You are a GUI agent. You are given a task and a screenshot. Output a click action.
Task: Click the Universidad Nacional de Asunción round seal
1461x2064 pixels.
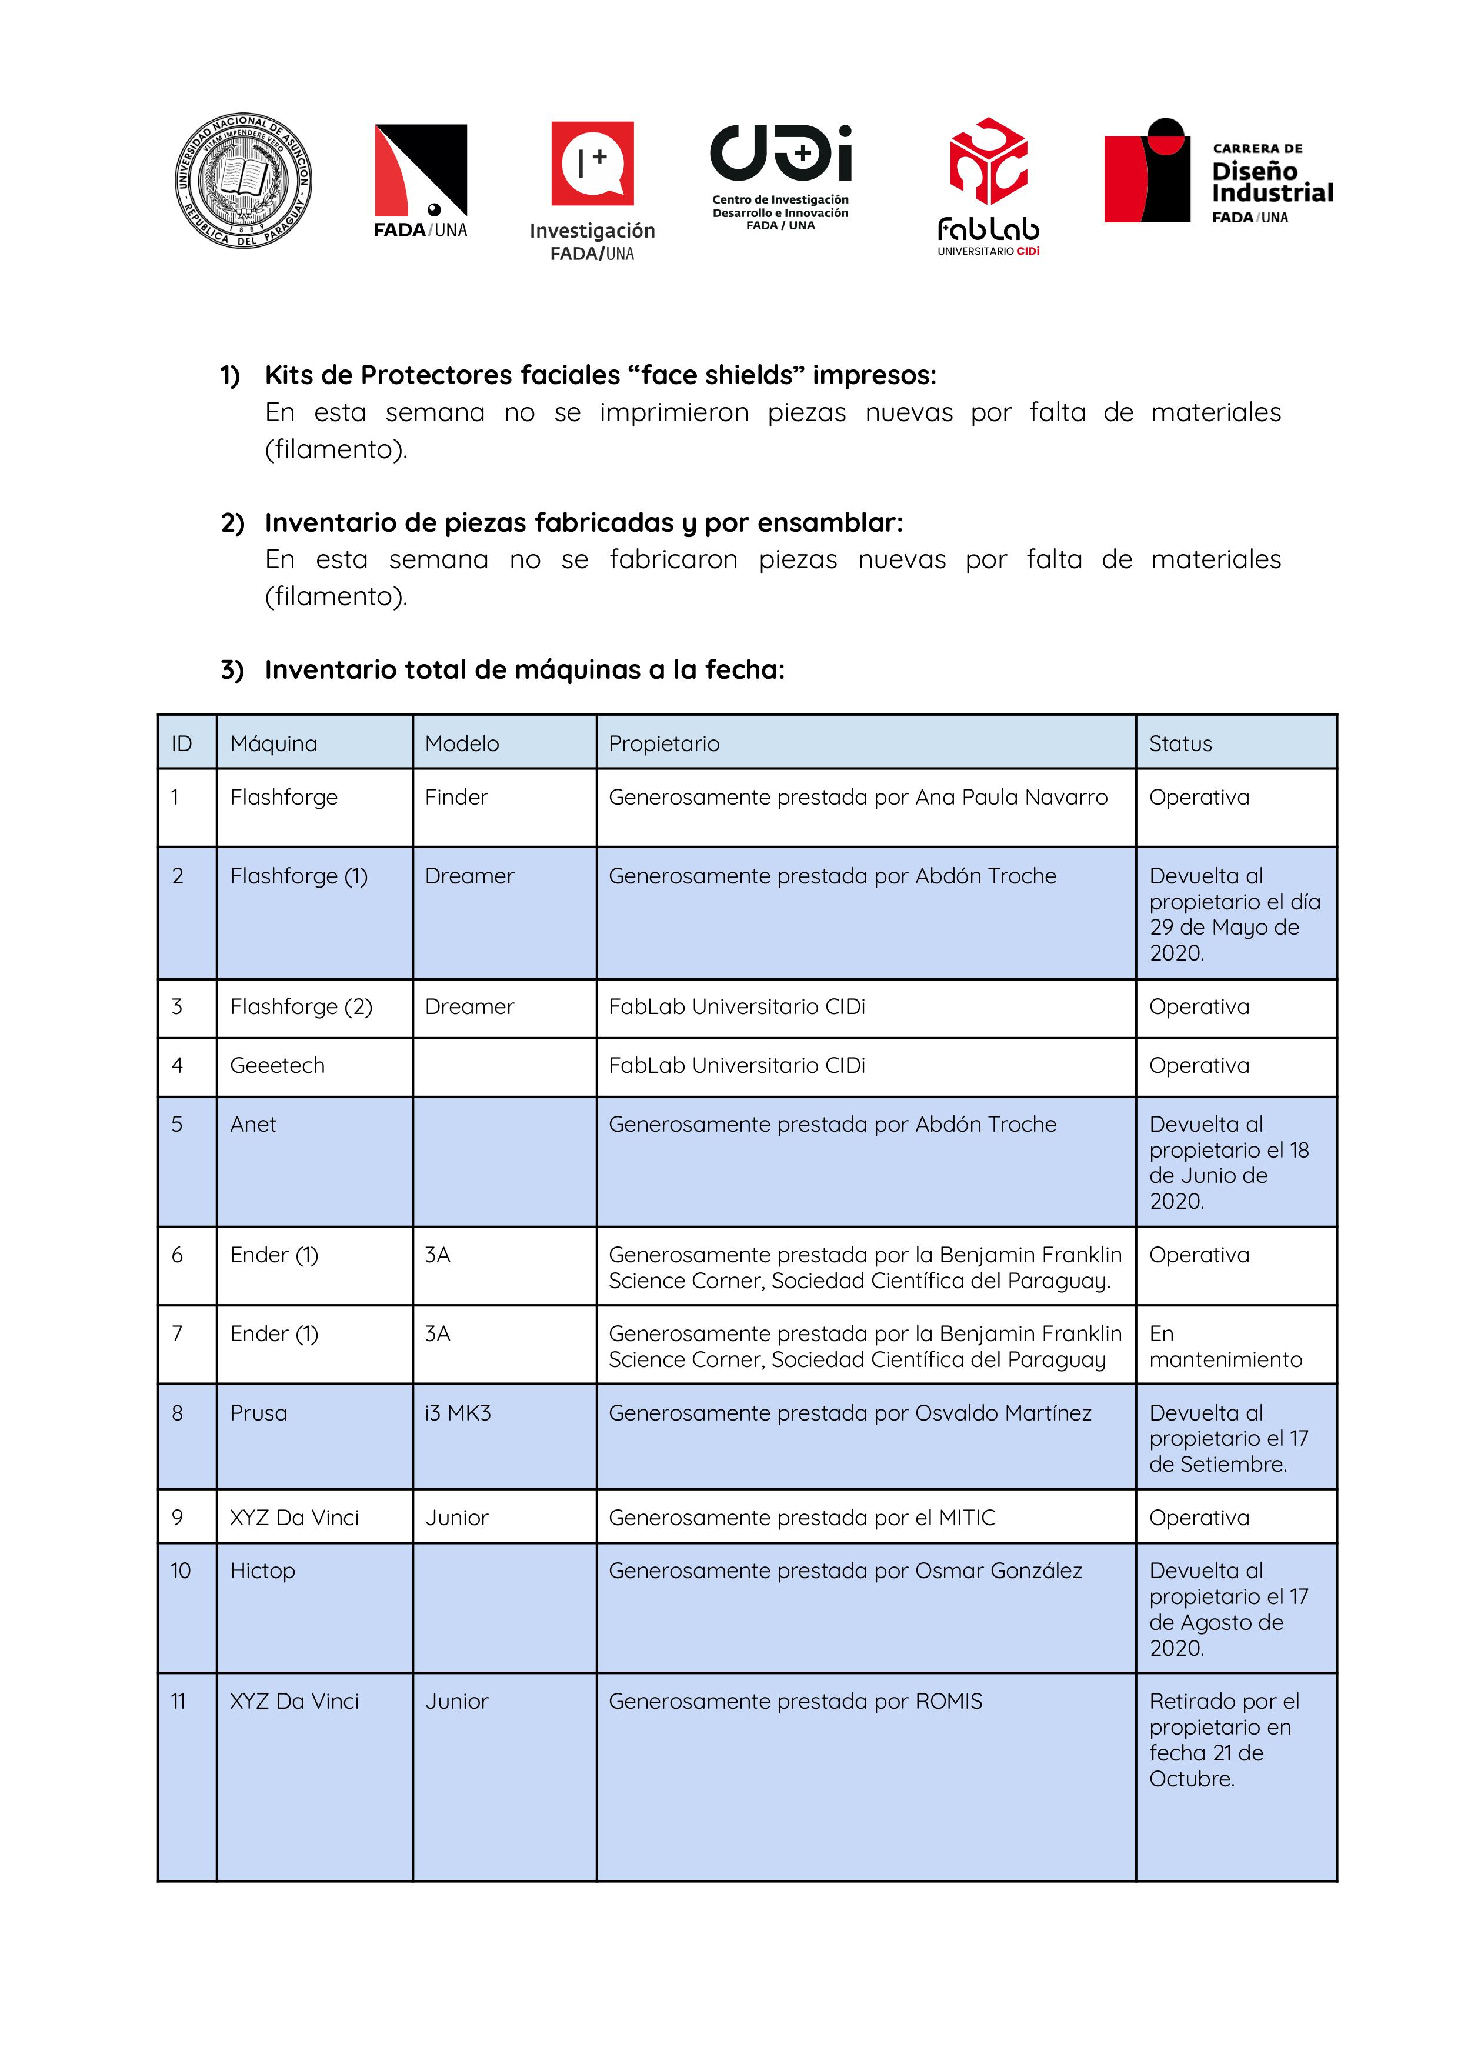click(x=243, y=180)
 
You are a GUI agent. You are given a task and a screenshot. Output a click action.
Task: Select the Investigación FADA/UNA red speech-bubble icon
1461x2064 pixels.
click(x=592, y=164)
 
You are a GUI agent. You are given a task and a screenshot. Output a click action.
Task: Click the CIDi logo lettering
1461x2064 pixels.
click(x=780, y=153)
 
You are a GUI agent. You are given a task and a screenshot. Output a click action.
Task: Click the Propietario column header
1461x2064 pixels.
click(x=664, y=743)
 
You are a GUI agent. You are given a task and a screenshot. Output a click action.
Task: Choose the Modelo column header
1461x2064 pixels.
click(x=462, y=743)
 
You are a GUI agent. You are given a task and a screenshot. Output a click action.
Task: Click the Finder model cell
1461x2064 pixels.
click(x=456, y=797)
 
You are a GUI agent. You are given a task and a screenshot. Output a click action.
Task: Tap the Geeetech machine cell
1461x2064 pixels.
click(x=277, y=1065)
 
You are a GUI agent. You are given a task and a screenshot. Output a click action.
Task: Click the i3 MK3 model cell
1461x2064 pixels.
click(x=458, y=1413)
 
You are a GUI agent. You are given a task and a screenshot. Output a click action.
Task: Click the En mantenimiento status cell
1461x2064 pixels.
click(x=1225, y=1346)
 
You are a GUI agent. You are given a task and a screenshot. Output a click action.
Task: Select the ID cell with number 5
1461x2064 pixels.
click(x=177, y=1124)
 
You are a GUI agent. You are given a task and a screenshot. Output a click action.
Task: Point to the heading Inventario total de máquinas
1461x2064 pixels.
click(x=523, y=669)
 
